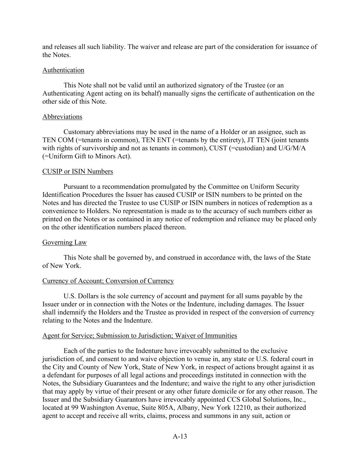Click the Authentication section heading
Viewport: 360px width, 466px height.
coord(63,70)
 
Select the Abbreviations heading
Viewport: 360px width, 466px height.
coord(62,117)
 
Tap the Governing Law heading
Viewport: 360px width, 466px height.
coord(64,242)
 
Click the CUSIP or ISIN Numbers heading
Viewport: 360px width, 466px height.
coord(77,171)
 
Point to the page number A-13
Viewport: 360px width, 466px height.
coord(180,436)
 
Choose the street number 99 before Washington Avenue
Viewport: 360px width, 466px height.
coord(75,408)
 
